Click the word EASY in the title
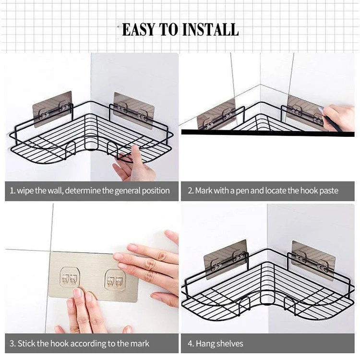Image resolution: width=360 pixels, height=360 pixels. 139,29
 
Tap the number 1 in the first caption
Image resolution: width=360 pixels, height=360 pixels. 12,191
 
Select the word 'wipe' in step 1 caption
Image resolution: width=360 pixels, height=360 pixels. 25,191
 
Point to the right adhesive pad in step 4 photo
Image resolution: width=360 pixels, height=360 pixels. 313,260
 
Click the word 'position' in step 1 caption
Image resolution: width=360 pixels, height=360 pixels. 155,191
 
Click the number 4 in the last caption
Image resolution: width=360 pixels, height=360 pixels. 191,344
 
